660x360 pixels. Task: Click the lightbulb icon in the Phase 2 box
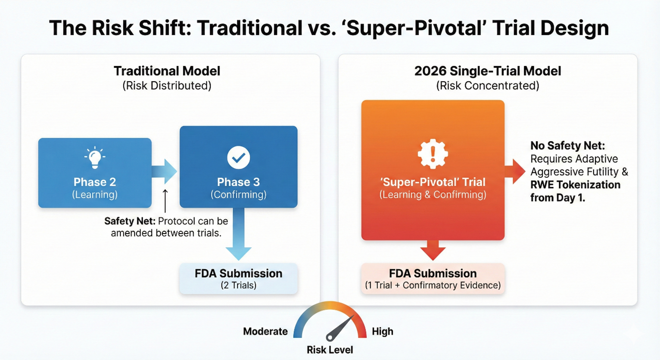coord(95,157)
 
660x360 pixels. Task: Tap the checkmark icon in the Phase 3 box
coord(238,157)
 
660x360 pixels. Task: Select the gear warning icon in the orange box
coord(432,154)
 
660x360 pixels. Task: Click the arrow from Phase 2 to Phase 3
coord(164,171)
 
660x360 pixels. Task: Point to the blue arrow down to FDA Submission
coord(238,234)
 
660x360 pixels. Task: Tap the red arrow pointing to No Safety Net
coord(515,171)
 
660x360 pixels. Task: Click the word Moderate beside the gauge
coord(265,331)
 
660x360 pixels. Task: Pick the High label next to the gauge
coord(383,331)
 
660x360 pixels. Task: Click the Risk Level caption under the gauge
coord(330,350)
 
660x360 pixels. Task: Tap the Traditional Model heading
coord(167,71)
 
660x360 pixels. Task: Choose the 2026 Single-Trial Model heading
coord(488,71)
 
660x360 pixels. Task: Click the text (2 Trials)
coord(238,285)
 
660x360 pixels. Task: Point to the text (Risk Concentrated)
coord(488,85)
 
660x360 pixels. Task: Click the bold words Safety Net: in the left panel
coord(130,221)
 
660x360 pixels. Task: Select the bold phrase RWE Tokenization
coord(576,185)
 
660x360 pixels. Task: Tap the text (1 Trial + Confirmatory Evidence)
coord(432,285)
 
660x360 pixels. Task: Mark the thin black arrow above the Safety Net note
coord(165,201)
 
